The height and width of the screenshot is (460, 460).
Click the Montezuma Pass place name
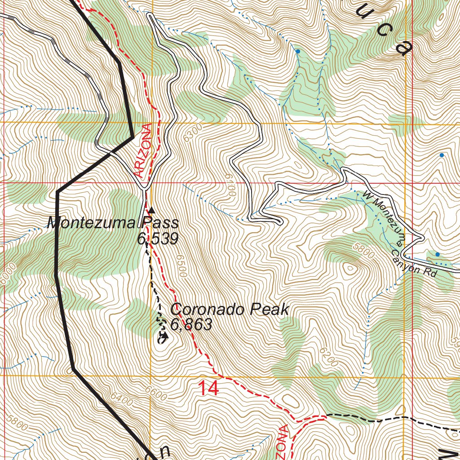click(113, 223)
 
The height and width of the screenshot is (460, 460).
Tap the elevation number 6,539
click(158, 239)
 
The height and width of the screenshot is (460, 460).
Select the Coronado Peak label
click(229, 310)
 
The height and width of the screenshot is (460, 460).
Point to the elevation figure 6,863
click(191, 324)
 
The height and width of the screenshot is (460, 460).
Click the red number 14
click(208, 388)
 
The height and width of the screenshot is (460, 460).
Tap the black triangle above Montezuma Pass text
click(151, 210)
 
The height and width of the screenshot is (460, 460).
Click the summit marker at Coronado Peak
click(164, 335)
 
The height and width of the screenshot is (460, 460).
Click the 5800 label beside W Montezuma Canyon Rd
click(363, 251)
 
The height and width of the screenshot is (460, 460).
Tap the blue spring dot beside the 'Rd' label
click(438, 254)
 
